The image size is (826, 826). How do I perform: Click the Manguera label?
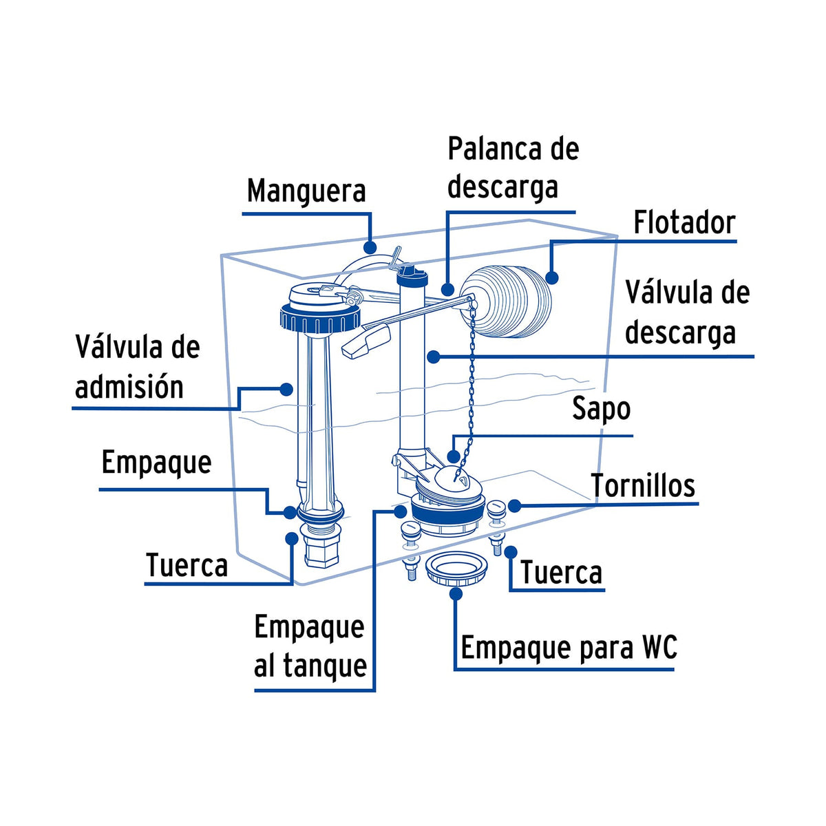pos(306,191)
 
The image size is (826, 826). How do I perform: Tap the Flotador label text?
pos(684,222)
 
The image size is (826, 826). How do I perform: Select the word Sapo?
pos(601,409)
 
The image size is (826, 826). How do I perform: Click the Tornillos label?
pos(644,486)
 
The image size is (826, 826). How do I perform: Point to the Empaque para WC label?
pos(569,648)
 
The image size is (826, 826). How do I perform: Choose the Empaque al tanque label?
pos(310,646)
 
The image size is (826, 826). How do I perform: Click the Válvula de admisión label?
pos(137,367)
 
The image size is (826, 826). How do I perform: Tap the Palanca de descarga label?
pos(513,168)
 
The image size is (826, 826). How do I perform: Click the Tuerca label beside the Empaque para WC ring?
pos(561,573)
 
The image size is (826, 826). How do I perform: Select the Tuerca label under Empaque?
pos(187,566)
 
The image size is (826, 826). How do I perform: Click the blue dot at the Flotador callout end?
pos(551,277)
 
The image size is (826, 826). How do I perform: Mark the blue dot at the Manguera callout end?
pos(370,246)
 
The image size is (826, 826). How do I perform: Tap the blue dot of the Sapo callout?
pos(453,456)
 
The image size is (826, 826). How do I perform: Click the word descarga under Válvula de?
pos(680,333)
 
